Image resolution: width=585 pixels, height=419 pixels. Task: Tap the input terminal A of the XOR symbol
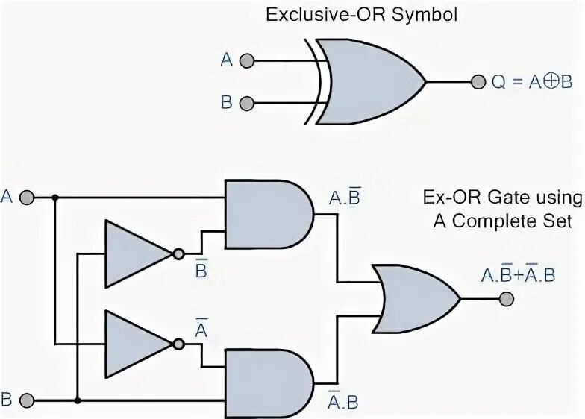pos(248,60)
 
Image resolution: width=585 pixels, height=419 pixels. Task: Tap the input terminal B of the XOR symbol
pos(248,103)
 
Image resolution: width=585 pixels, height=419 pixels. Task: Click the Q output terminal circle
pos(478,81)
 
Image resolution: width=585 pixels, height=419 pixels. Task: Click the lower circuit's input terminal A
pos(28,198)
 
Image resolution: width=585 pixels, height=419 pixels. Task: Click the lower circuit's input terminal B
pos(28,400)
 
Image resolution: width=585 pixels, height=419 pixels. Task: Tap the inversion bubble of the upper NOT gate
pos(178,253)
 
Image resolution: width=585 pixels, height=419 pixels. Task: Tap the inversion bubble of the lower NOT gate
pos(178,344)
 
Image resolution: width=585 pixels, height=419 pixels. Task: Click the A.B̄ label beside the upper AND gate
pos(345,197)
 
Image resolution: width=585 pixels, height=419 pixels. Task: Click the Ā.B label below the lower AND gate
pos(343,401)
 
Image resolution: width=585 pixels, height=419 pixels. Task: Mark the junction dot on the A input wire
pos(54,198)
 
